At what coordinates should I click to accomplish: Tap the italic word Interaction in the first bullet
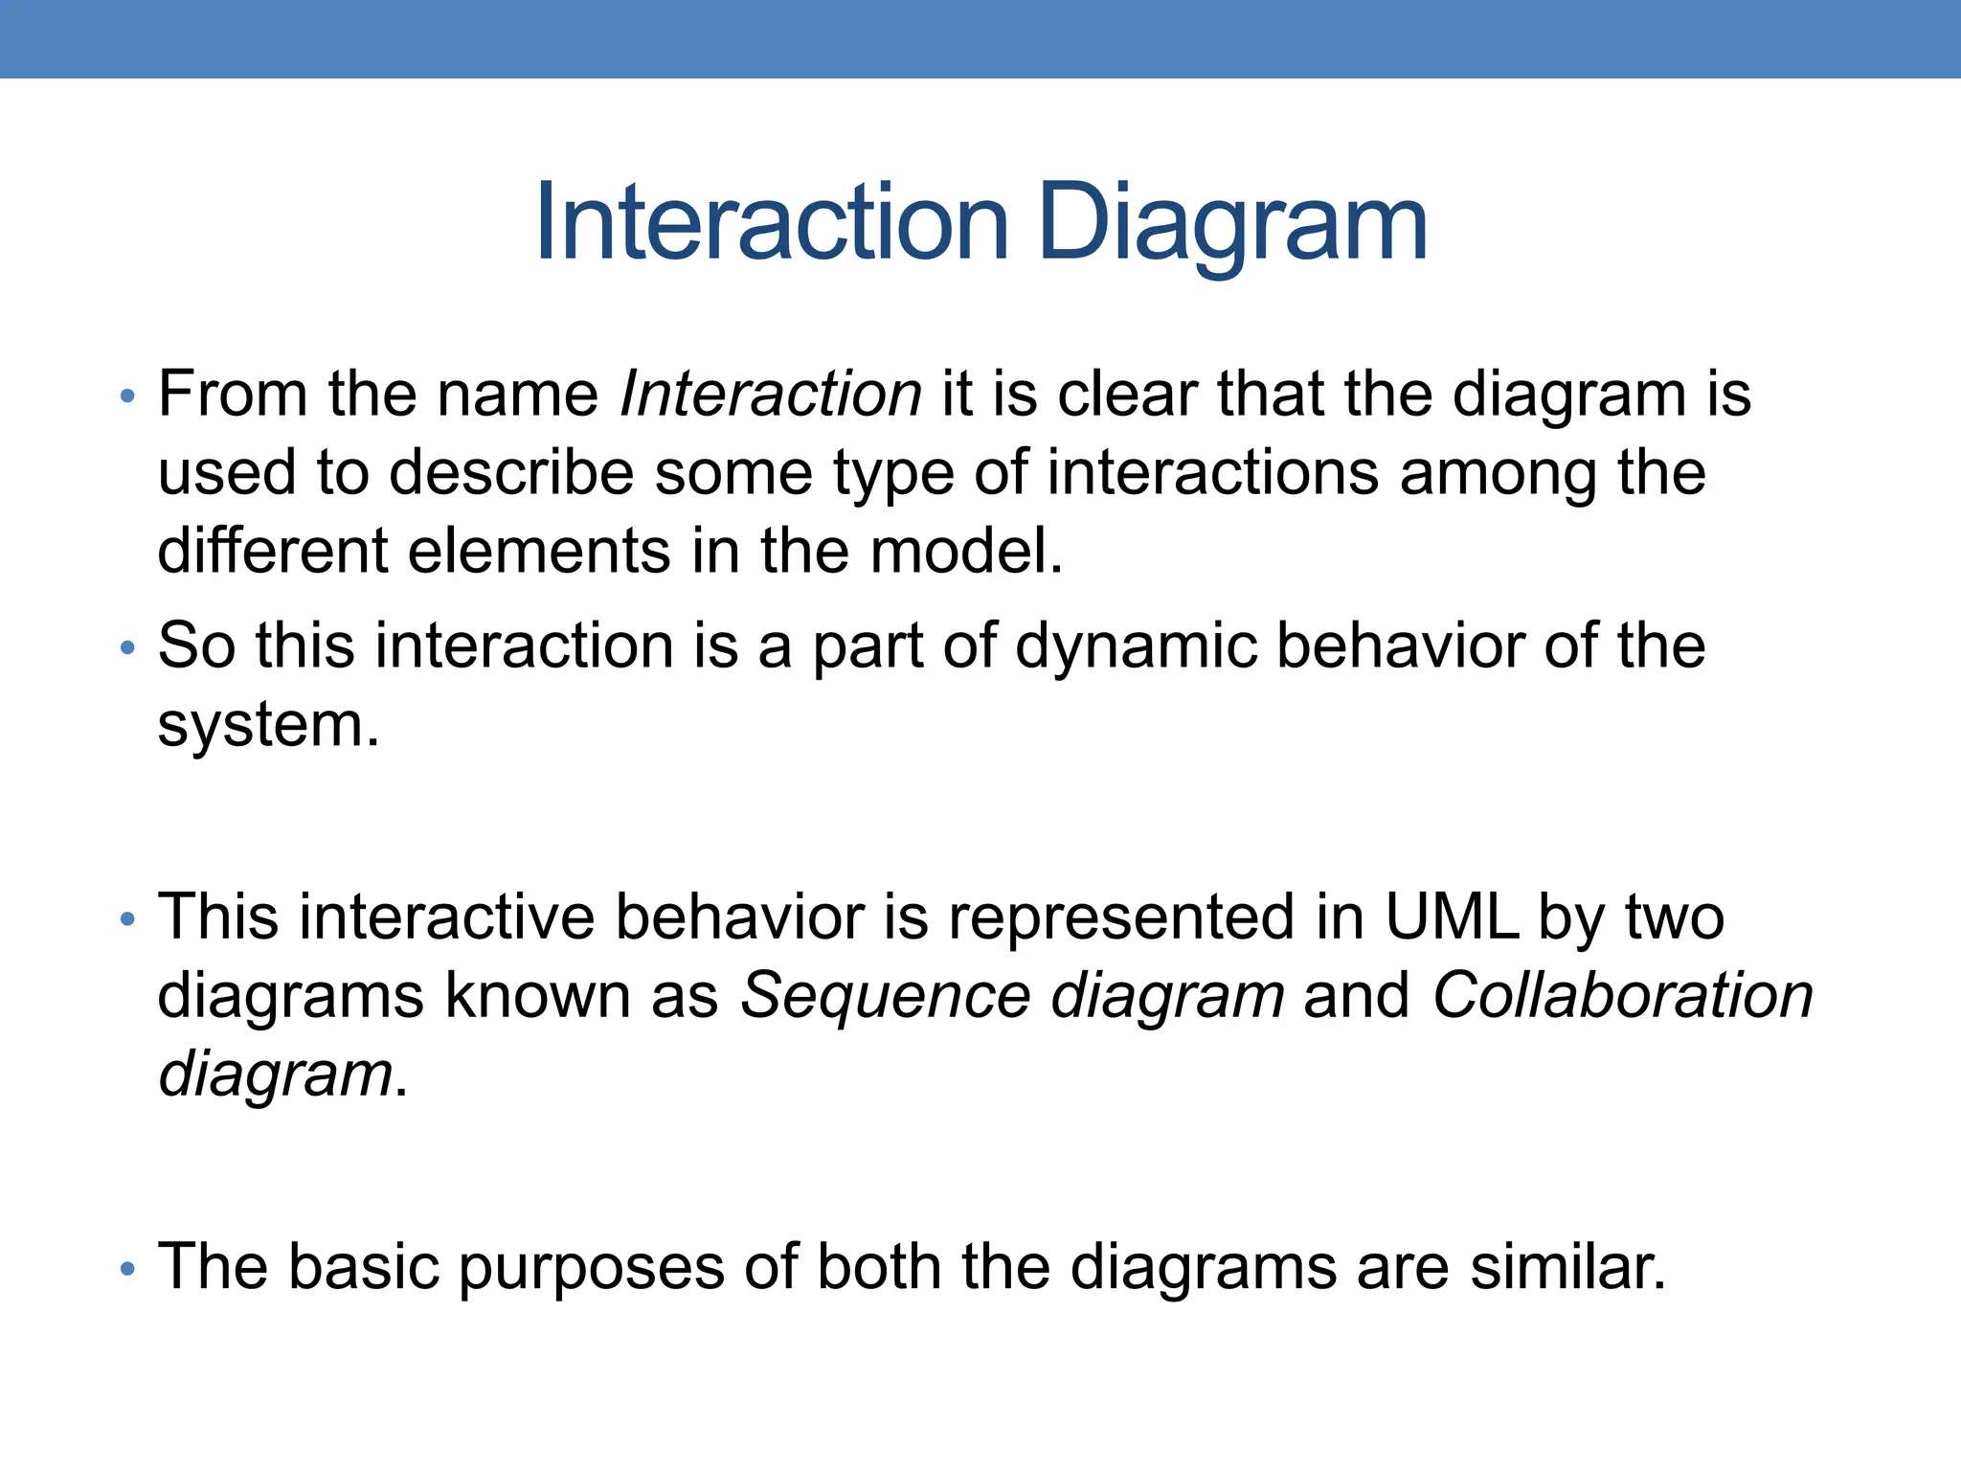coord(771,394)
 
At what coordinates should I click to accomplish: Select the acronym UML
coord(1451,917)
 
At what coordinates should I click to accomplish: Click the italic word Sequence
coord(885,996)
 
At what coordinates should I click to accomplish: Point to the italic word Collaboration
coord(1622,996)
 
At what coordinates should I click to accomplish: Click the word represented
coord(1120,917)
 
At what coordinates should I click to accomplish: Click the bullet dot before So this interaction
coord(127,648)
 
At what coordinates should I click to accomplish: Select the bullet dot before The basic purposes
coord(127,1270)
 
